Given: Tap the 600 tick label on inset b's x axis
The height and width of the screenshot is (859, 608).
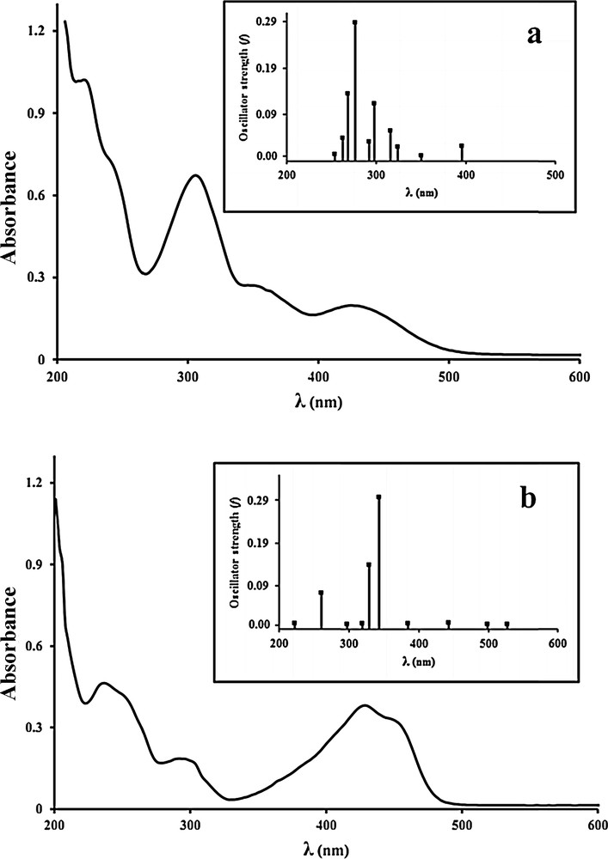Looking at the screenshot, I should pos(556,642).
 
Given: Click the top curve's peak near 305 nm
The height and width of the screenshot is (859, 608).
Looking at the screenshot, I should pos(195,176).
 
